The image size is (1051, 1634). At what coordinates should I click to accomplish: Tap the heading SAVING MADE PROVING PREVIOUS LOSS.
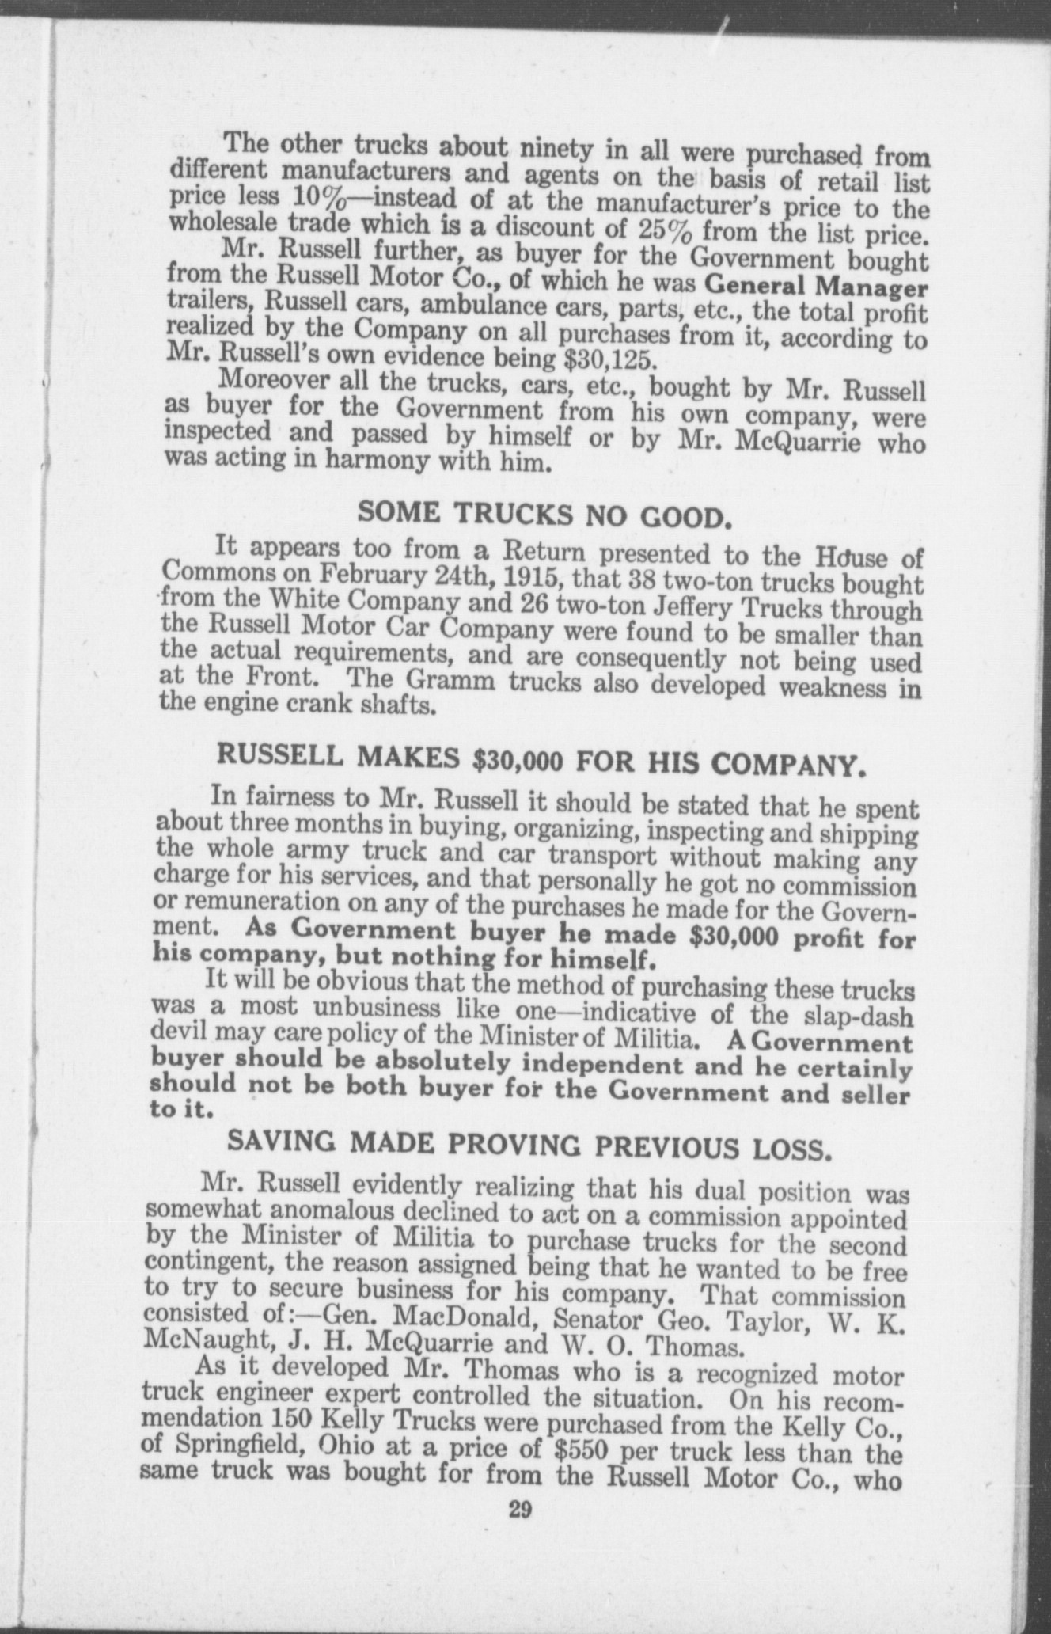click(x=529, y=1145)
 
